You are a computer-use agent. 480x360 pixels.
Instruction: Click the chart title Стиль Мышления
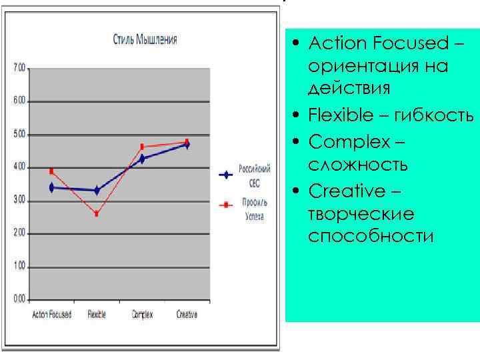click(x=144, y=39)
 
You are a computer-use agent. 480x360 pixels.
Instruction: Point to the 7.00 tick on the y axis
click(x=19, y=67)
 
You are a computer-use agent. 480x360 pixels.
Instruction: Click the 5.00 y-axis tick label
click(x=19, y=134)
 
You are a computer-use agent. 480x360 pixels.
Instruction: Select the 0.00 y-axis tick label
click(x=19, y=299)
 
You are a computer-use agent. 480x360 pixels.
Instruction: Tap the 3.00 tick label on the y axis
click(x=19, y=200)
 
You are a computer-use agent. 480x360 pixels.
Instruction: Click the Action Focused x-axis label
click(x=52, y=315)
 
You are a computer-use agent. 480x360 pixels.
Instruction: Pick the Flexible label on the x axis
click(x=97, y=315)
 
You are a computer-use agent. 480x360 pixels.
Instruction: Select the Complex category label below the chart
click(x=142, y=315)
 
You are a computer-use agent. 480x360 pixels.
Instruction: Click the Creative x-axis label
click(x=187, y=315)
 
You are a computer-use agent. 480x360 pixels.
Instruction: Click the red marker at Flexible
click(x=97, y=214)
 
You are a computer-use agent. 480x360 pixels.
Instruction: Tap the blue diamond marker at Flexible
click(x=97, y=191)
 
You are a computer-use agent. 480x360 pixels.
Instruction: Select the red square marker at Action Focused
click(x=51, y=171)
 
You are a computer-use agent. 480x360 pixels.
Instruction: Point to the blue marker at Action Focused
click(x=51, y=188)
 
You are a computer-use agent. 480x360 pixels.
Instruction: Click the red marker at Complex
click(x=142, y=147)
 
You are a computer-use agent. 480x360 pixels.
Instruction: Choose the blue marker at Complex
click(x=142, y=159)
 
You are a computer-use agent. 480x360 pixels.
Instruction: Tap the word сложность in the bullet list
click(x=358, y=165)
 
